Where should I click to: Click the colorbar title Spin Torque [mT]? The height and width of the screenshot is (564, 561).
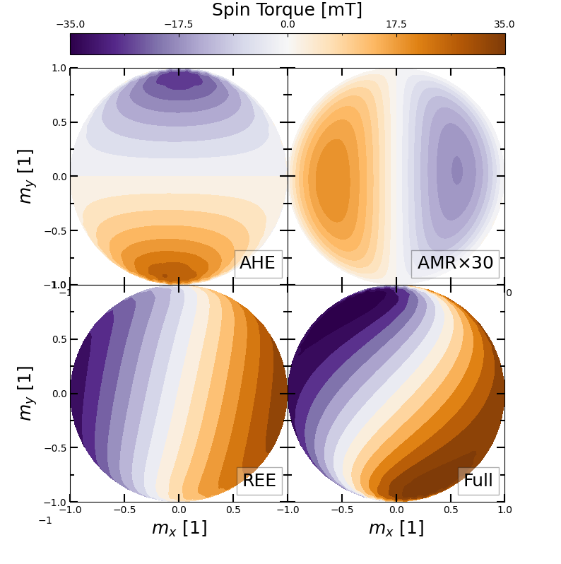[287, 10]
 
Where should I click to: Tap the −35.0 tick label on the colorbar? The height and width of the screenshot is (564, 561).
[70, 25]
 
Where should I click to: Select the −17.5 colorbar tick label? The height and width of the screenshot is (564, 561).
[178, 25]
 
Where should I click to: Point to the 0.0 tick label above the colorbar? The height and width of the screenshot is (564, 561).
[288, 25]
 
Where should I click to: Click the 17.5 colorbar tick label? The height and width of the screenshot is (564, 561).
[396, 25]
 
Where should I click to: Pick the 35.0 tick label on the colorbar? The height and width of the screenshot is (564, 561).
[504, 25]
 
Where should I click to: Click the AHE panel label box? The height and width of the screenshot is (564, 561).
[257, 263]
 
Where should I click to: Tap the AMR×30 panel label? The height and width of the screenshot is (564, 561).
[455, 263]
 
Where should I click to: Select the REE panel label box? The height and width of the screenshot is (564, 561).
[259, 481]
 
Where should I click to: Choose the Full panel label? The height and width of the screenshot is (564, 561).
[478, 481]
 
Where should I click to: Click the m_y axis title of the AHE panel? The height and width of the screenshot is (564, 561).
[25, 176]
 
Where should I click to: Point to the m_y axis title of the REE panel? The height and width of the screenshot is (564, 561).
[25, 393]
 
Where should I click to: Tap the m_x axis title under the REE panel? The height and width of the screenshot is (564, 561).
[179, 528]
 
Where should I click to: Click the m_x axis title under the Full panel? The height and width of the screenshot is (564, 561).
[396, 528]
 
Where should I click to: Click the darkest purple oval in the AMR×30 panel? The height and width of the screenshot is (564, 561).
[456, 170]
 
